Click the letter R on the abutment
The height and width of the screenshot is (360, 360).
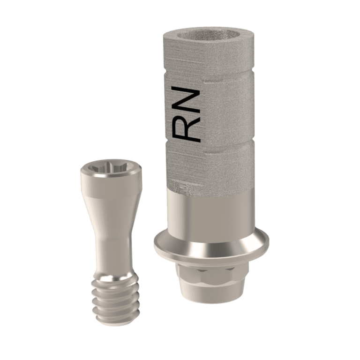pos(187,128)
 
